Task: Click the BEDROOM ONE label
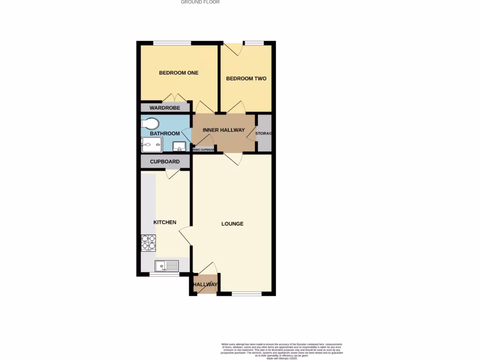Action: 179,73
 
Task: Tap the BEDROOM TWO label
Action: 246,78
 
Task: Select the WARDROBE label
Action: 162,108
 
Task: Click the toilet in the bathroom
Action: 151,123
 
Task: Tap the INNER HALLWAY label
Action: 224,130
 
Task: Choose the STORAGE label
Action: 264,134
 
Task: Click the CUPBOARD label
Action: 165,162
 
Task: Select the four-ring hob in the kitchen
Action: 149,242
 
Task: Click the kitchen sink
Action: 167,266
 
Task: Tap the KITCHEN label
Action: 165,222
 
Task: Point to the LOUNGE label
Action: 232,224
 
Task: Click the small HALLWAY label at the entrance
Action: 205,285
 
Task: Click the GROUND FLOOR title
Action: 200,2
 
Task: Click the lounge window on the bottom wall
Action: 246,294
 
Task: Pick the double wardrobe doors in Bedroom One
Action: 174,98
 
